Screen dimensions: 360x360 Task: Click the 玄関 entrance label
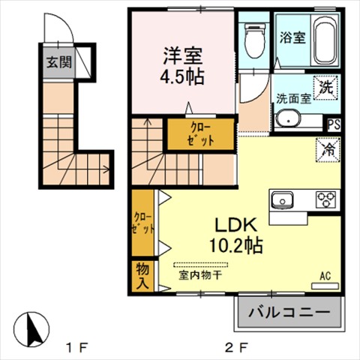point(59,62)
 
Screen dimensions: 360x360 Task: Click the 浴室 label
point(292,37)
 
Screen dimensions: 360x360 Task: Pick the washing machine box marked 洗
point(325,88)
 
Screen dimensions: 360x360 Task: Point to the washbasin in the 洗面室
point(288,121)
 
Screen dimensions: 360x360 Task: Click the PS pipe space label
point(334,124)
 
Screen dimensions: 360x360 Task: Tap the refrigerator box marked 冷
point(328,150)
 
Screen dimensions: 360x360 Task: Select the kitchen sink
point(283,199)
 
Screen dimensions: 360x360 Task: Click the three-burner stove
point(325,199)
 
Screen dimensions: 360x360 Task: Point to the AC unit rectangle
point(325,286)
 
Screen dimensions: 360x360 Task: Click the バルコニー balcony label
point(289,312)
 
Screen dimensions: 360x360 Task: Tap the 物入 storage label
point(142,276)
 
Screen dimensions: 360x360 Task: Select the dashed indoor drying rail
point(201,265)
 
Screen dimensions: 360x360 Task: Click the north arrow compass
point(31,329)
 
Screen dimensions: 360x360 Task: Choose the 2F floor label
point(237,347)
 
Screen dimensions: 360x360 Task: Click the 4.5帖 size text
point(182,76)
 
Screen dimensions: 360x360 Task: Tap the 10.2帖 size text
point(236,245)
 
